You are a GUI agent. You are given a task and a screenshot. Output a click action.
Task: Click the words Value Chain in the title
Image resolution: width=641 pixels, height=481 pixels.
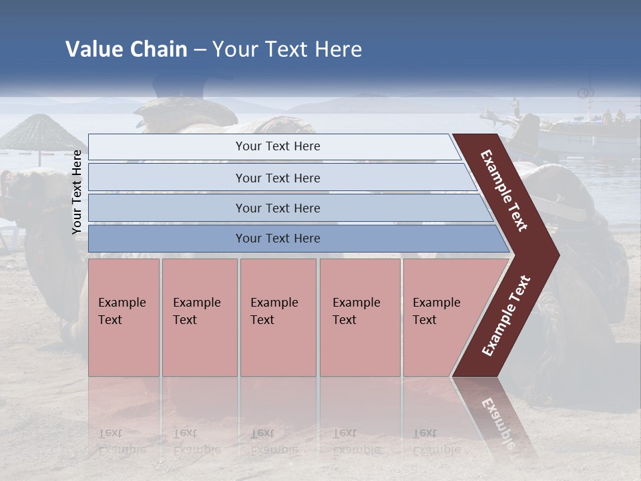126,49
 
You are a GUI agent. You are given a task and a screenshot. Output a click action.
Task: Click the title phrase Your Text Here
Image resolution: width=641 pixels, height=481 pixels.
287,49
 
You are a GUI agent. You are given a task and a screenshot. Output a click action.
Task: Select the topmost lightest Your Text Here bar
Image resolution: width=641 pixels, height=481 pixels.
277,146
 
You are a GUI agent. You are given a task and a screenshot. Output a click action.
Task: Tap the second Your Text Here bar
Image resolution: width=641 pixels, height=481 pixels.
277,178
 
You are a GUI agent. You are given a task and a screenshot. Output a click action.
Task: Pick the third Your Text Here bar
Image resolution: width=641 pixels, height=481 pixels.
277,208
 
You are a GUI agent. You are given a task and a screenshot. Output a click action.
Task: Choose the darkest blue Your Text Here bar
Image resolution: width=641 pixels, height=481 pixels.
277,238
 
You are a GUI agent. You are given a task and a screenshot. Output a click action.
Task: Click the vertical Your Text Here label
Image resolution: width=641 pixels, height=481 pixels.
77,192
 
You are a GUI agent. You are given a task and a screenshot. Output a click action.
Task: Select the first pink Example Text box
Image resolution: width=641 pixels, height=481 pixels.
124,317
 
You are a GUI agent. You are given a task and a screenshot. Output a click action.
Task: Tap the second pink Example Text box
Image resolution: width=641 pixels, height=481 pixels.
199,317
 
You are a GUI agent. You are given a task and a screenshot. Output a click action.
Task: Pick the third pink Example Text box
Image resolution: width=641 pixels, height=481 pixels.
277,317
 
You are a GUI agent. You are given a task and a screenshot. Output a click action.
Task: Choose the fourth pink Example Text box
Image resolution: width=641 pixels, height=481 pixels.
359,317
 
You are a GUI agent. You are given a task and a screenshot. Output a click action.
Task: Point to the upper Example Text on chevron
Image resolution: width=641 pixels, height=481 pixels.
504,190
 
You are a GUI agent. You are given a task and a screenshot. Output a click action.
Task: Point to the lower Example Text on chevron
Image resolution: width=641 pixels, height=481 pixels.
506,316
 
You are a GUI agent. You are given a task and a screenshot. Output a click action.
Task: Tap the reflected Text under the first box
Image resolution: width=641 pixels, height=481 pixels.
110,433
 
